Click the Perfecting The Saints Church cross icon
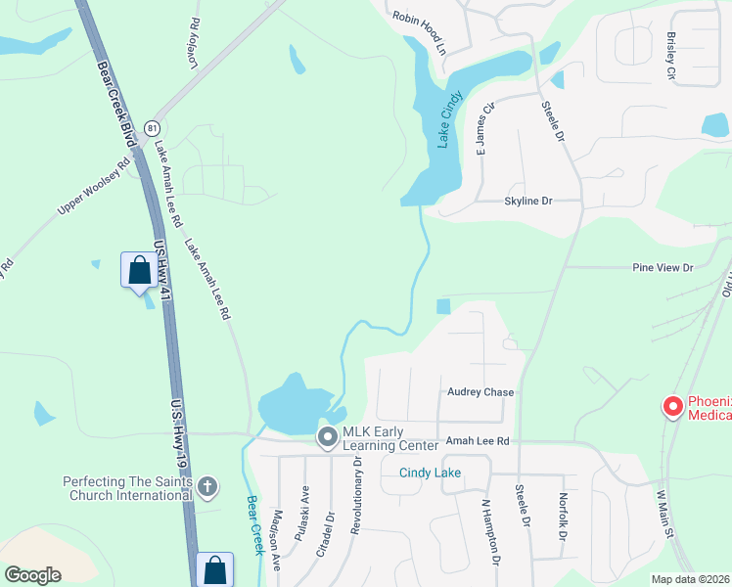[206, 486]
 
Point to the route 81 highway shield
[151, 128]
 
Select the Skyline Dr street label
[527, 201]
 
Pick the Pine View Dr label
[663, 267]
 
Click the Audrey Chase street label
[480, 392]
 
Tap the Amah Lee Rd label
[478, 442]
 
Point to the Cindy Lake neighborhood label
[430, 474]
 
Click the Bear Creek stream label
[253, 524]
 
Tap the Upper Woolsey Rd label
[94, 188]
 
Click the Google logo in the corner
[32, 575]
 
